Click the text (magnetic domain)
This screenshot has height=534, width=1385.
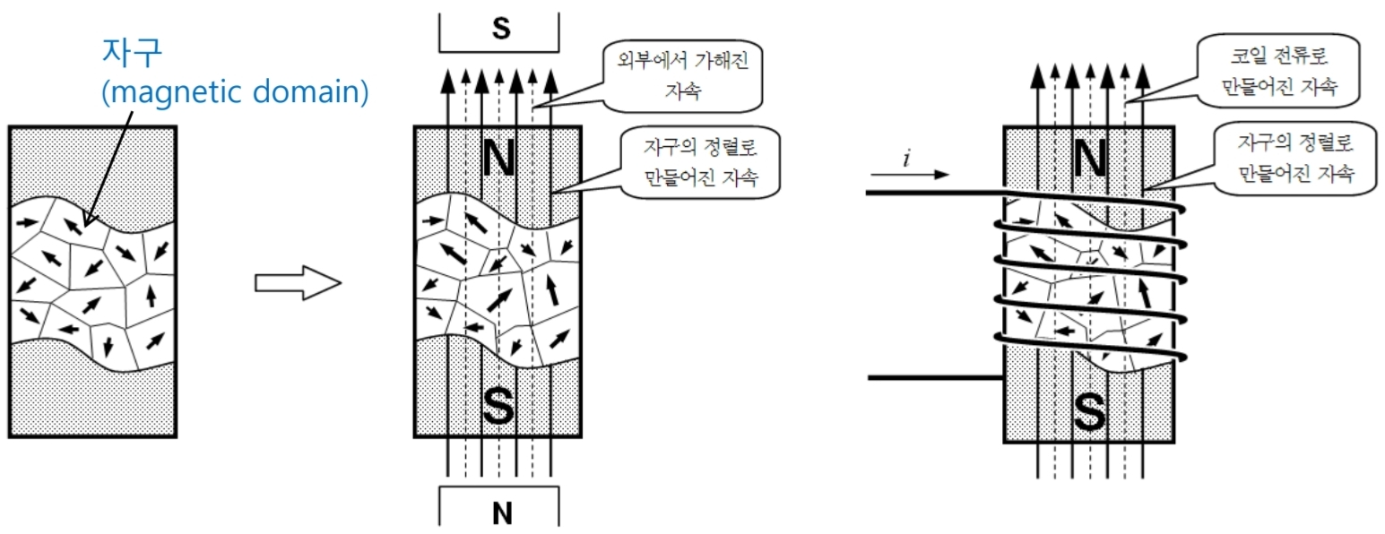pos(236,93)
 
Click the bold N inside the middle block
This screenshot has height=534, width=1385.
pos(500,158)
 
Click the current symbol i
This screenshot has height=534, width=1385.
pos(906,158)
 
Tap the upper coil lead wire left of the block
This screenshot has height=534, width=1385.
pos(932,193)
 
